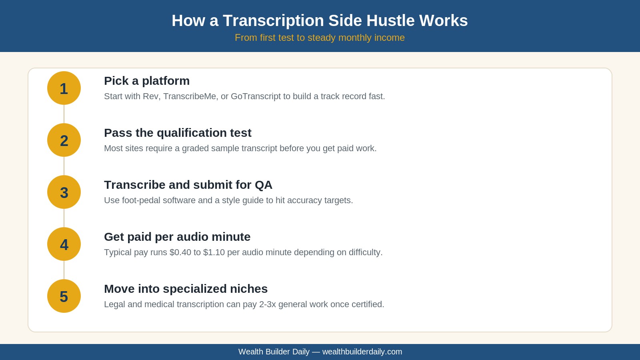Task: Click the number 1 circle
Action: [x=64, y=88]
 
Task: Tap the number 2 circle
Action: [x=64, y=140]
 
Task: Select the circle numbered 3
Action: [x=64, y=192]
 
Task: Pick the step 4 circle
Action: [x=64, y=244]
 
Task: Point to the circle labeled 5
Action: [x=64, y=296]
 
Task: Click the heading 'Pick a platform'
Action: [x=147, y=81]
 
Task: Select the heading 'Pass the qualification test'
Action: [x=178, y=133]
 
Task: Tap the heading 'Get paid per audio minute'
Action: [x=177, y=237]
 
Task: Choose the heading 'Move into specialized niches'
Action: [x=186, y=289]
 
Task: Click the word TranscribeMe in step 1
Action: [x=190, y=96]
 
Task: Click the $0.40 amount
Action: [x=180, y=252]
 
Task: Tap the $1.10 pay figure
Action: [x=214, y=252]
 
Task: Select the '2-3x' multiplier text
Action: [x=268, y=304]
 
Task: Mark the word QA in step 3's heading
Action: [x=264, y=185]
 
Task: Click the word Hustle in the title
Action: [x=390, y=20]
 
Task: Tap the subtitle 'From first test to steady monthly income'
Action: [x=320, y=38]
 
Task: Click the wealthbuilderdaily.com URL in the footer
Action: [x=362, y=352]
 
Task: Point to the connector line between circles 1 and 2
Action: [x=64, y=114]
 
